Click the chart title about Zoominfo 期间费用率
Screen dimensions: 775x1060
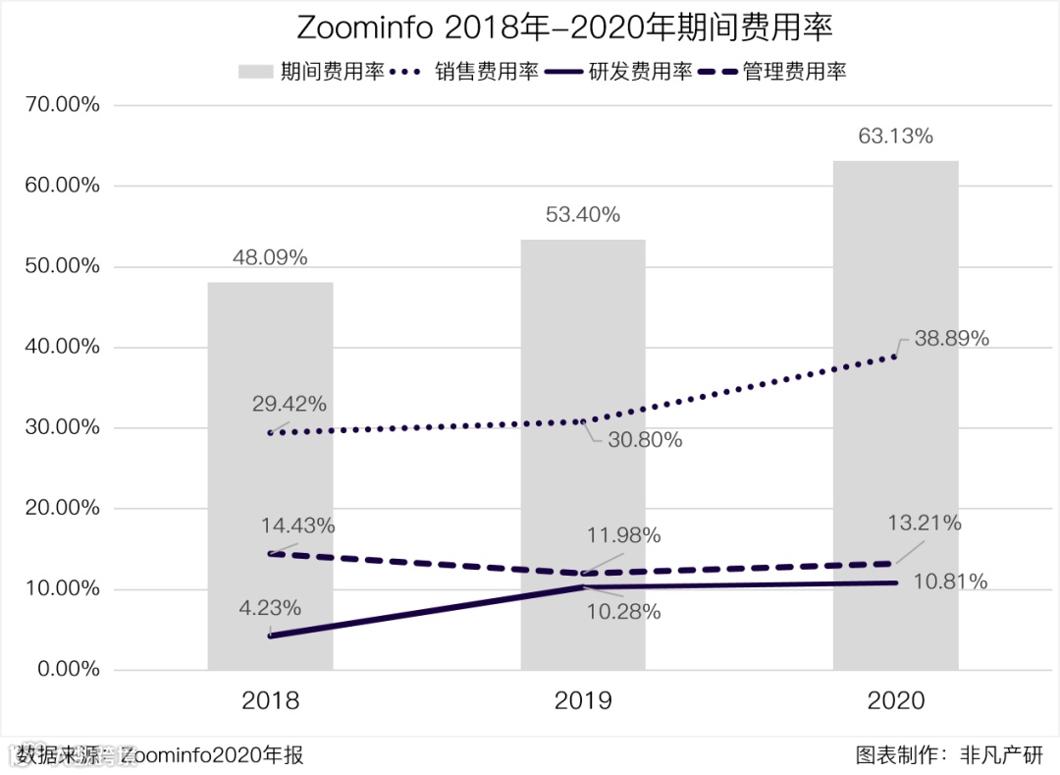[529, 28]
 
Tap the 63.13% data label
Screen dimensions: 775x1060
[895, 137]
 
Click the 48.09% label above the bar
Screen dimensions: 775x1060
[270, 258]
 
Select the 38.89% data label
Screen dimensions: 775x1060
[951, 339]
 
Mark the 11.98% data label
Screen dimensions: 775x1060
[623, 536]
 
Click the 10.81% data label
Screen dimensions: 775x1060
[950, 582]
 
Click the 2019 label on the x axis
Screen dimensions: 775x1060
[583, 701]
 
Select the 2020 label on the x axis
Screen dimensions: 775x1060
[895, 701]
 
